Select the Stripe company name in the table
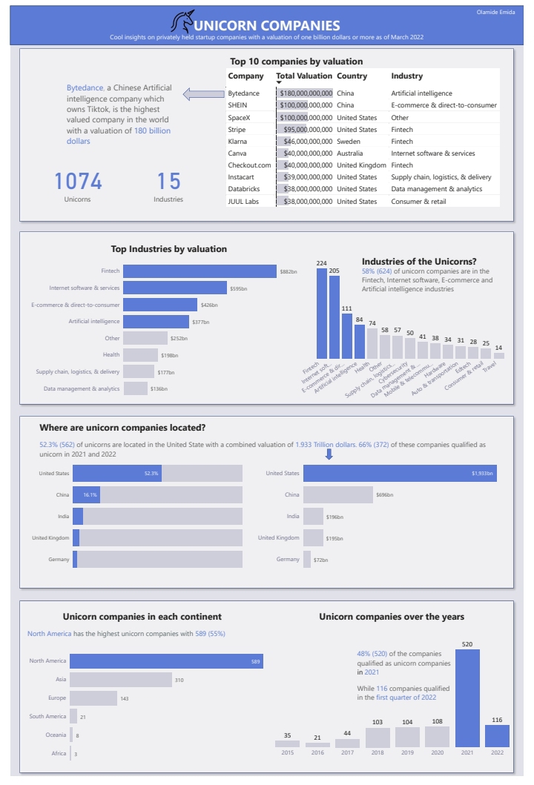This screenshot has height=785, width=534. [x=237, y=129]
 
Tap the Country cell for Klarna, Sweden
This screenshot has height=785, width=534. [x=349, y=141]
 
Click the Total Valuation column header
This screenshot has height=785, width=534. [x=305, y=76]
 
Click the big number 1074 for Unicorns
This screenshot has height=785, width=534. [x=78, y=181]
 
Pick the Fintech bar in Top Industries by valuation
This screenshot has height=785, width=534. [x=200, y=272]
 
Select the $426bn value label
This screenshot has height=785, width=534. [x=209, y=305]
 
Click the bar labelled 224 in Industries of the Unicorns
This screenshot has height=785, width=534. [x=321, y=313]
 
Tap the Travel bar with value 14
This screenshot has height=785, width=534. [x=498, y=356]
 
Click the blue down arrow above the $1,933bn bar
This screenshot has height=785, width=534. [x=329, y=454]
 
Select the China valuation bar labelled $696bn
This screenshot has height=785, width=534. [x=338, y=494]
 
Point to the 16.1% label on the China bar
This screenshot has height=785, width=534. [x=90, y=494]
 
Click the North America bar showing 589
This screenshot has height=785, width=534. [x=166, y=660]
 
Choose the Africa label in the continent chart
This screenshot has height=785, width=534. [x=59, y=754]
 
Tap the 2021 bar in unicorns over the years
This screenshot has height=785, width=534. [x=467, y=698]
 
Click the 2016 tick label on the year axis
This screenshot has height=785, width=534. [x=317, y=752]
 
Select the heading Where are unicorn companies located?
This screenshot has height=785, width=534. [x=122, y=428]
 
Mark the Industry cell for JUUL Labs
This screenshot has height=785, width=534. [x=418, y=201]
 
